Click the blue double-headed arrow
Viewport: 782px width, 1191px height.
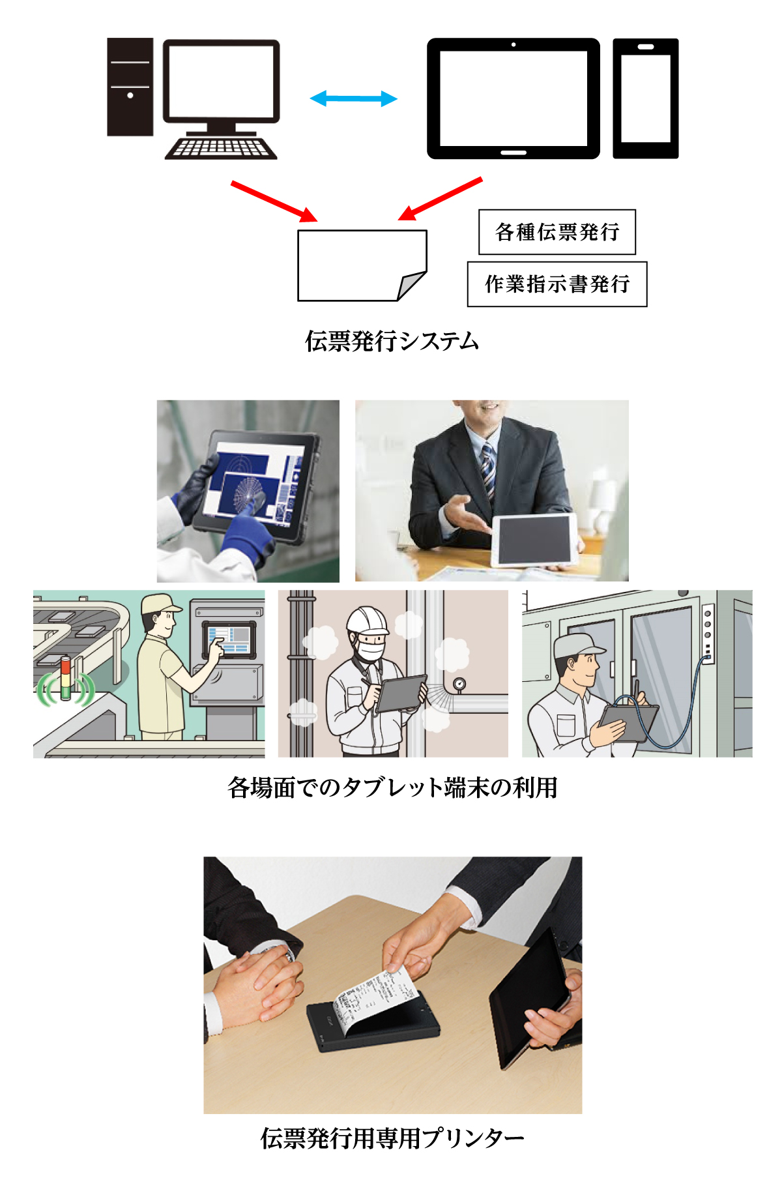[353, 99]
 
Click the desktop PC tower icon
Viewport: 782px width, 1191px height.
[130, 87]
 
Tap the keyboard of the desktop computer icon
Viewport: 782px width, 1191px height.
[221, 148]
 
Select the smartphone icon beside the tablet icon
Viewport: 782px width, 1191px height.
[646, 98]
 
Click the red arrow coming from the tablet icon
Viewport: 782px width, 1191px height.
[440, 198]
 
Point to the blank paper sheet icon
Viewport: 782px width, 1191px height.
[362, 265]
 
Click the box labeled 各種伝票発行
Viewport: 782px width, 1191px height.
[557, 232]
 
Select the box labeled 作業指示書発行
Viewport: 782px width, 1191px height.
[557, 284]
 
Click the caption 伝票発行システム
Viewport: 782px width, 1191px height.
[392, 341]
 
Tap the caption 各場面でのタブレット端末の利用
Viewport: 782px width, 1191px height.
[392, 787]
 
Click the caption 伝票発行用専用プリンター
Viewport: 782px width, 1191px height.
[392, 1138]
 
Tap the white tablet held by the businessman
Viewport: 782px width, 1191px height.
[534, 540]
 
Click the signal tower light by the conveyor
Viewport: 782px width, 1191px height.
[65, 679]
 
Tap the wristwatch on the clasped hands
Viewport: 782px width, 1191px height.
[289, 956]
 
